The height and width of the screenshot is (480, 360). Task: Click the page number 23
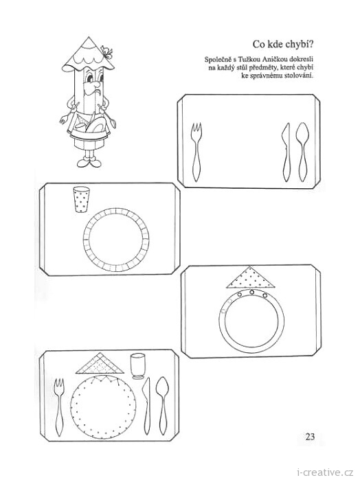tap(310, 436)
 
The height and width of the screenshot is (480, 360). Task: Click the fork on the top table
tap(196, 152)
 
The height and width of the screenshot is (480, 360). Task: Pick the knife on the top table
tap(286, 152)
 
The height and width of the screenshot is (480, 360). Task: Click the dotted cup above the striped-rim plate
tap(81, 199)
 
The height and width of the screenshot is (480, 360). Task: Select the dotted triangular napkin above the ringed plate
tap(250, 278)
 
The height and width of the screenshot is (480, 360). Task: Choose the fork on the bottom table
tap(59, 407)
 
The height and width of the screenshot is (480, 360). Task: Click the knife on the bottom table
tap(147, 407)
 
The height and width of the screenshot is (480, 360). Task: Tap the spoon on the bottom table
tap(162, 407)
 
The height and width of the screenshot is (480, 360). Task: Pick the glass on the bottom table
tap(137, 366)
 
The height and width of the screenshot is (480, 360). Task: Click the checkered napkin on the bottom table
tap(100, 364)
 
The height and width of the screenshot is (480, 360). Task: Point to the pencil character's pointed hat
tap(87, 54)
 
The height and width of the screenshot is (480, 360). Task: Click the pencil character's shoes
tap(89, 162)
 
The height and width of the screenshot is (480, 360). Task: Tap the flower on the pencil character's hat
tap(107, 52)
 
